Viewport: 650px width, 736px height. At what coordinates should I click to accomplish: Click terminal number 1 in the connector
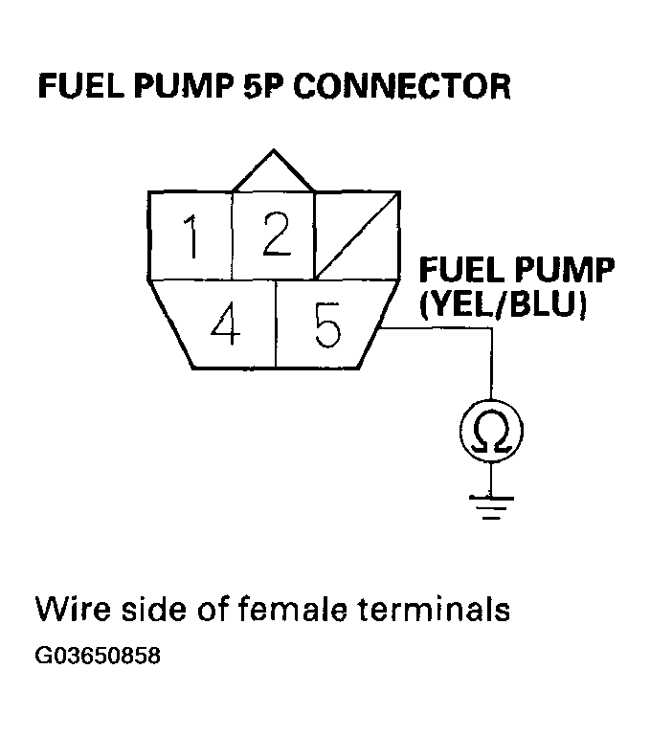coord(190,235)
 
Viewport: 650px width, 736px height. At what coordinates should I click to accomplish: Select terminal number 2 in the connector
coord(274,235)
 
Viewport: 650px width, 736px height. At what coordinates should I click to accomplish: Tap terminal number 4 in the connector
coord(225,323)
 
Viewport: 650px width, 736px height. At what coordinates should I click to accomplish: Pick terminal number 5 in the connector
coord(326,323)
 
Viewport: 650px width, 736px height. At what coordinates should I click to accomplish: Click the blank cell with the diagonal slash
coord(357,235)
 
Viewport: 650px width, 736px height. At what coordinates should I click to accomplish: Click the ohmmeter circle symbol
coord(491,432)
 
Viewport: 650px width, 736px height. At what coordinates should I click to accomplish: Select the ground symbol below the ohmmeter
coord(491,507)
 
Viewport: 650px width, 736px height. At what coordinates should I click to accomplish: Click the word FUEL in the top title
coord(80,86)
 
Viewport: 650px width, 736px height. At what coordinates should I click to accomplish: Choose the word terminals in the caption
coord(434,609)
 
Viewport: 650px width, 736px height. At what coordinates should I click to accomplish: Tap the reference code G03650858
coord(98,656)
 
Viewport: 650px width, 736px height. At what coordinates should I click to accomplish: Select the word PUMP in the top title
coord(184,86)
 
